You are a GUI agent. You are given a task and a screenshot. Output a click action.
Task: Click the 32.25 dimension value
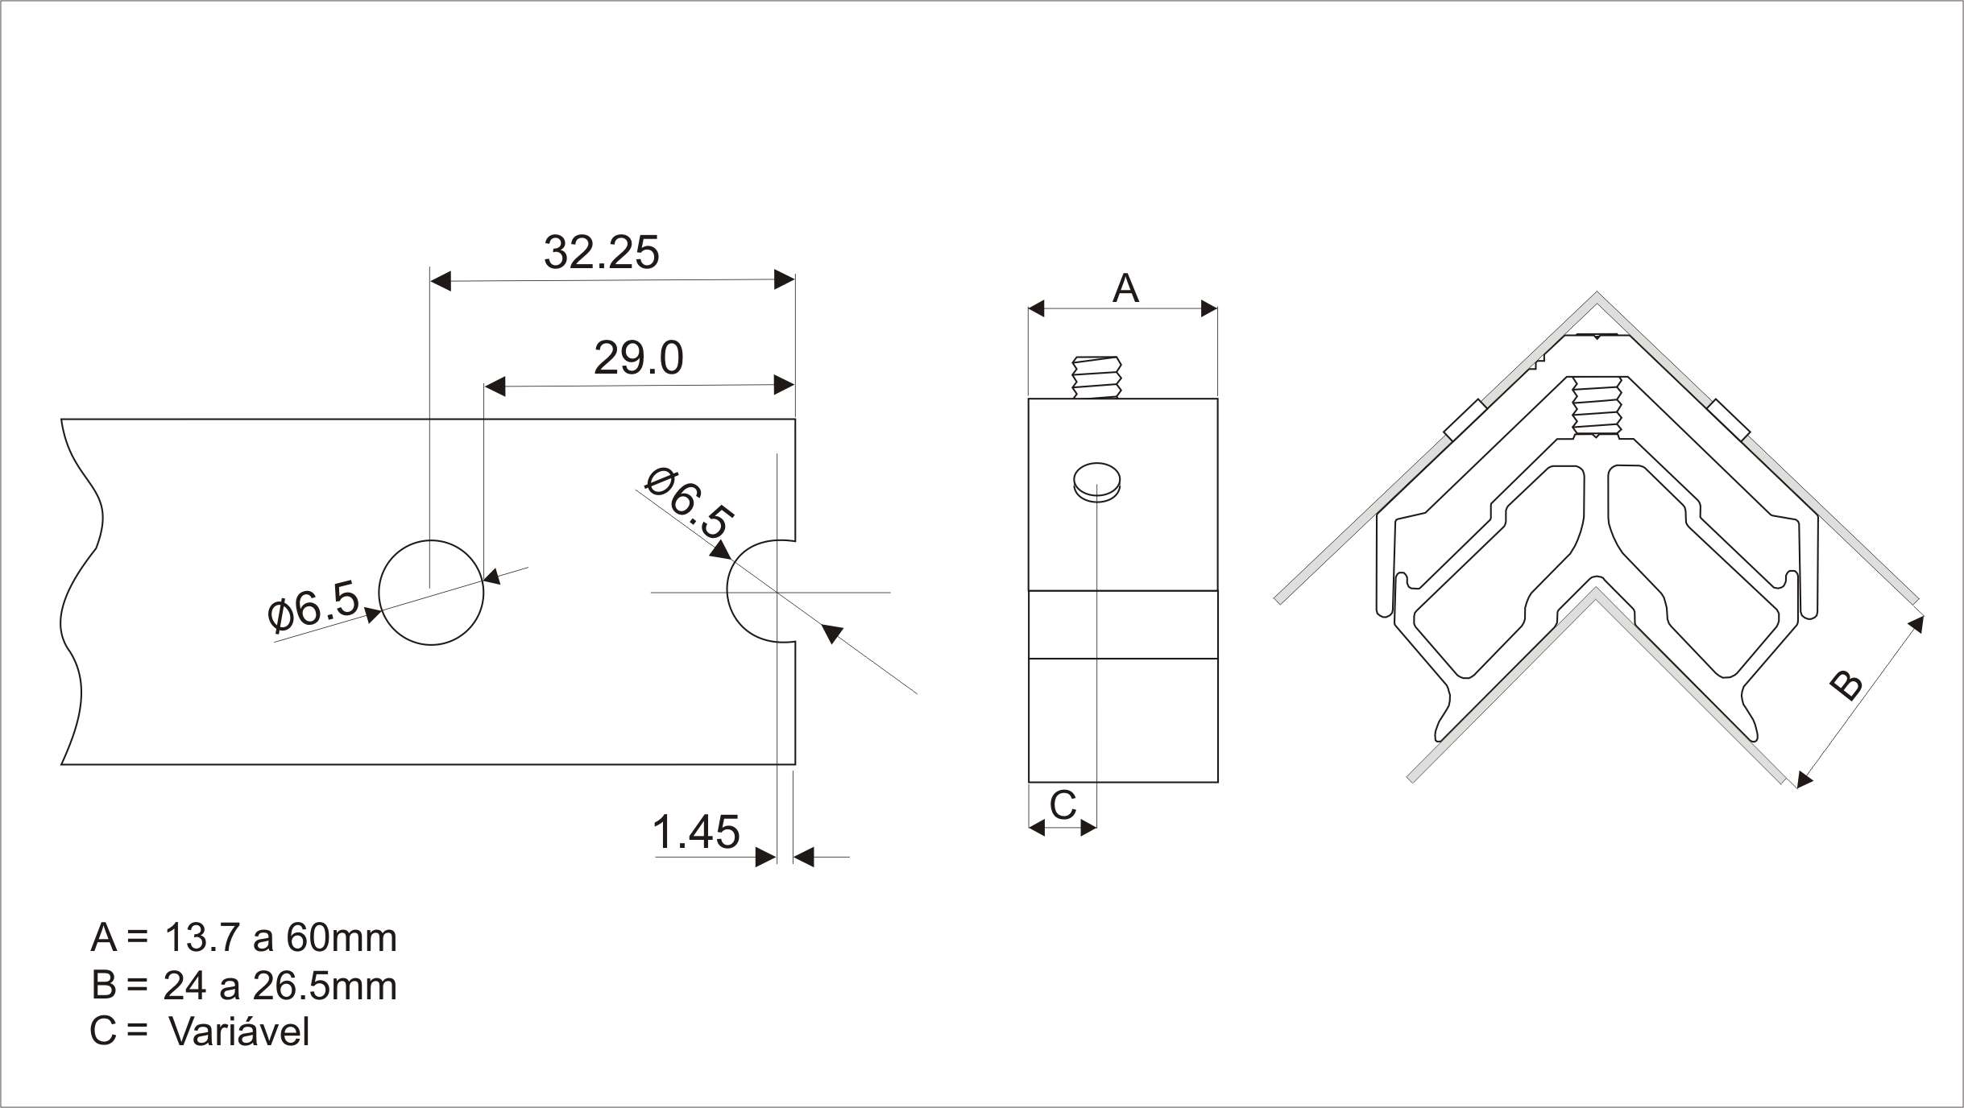[x=601, y=252]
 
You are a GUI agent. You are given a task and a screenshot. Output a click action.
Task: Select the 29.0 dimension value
[x=638, y=358]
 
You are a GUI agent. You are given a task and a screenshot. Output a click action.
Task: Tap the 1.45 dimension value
[x=695, y=832]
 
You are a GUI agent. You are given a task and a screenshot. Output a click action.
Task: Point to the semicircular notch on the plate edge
[x=728, y=592]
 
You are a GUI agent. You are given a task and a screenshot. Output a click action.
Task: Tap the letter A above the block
[x=1125, y=288]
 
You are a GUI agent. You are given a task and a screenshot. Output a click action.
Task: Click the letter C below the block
[x=1063, y=804]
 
